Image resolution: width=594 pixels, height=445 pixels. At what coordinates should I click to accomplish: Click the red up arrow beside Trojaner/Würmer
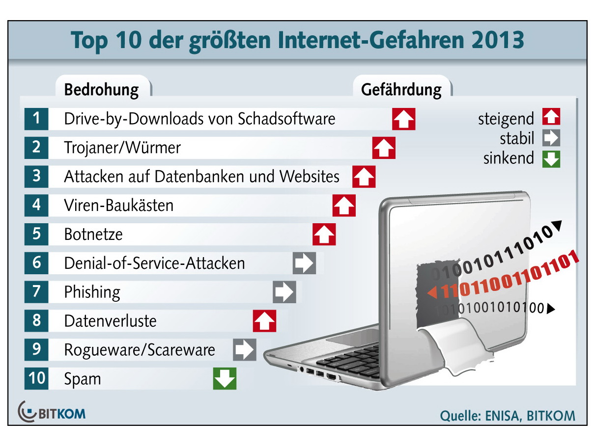384,148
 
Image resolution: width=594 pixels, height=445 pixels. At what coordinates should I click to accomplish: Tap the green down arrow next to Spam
225,379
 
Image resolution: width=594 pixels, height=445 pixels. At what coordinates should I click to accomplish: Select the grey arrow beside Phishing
284,292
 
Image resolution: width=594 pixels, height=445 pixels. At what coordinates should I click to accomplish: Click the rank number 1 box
36,119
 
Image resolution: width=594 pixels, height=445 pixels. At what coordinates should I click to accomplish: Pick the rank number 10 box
36,379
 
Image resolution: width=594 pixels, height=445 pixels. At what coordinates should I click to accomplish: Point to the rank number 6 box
36,263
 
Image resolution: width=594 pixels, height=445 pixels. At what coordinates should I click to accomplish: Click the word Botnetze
93,235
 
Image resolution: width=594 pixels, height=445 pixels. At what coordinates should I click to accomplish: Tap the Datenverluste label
110,321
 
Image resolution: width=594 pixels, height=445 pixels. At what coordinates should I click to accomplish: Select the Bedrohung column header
101,90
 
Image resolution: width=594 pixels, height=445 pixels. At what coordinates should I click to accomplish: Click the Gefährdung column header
401,90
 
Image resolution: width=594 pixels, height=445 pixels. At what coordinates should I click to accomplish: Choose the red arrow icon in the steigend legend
551,118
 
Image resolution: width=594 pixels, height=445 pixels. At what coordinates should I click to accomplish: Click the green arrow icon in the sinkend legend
551,158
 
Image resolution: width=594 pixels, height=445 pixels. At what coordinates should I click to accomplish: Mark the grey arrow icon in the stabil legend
551,138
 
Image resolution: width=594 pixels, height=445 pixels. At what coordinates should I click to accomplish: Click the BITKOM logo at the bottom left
51,412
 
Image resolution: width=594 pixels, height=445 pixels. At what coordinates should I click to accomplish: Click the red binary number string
506,278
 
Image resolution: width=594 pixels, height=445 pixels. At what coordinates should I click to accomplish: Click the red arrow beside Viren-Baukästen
344,206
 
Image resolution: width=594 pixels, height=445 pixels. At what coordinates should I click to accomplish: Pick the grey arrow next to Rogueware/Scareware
244,350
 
